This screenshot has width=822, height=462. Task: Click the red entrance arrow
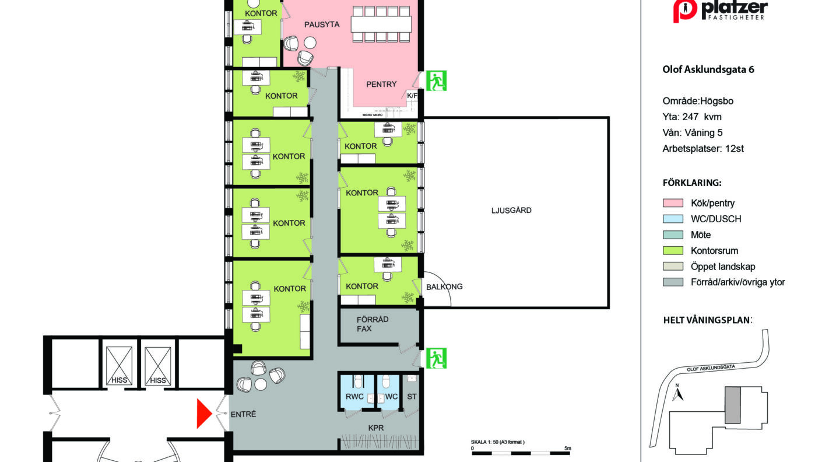click(204, 414)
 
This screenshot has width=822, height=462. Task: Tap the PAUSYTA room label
click(322, 24)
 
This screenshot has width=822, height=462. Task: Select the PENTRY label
click(381, 84)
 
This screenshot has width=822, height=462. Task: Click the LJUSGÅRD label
click(511, 210)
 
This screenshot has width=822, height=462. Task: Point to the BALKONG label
click(444, 286)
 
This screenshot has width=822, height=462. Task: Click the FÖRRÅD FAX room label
click(372, 324)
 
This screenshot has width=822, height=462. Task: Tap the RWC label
click(354, 397)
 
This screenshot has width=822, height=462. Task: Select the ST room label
click(412, 397)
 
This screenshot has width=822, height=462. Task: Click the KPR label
click(376, 428)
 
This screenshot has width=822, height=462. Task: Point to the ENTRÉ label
click(243, 414)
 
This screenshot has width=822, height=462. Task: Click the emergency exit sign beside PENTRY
click(436, 81)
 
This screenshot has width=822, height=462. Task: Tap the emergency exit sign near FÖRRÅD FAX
click(436, 358)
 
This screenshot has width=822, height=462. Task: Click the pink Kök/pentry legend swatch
click(673, 203)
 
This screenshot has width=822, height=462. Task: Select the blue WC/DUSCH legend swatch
click(673, 219)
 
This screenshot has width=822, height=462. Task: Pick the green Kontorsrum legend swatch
click(673, 250)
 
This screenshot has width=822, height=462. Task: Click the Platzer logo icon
click(685, 11)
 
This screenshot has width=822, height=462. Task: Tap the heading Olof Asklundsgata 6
click(708, 69)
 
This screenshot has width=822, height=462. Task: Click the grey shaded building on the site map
click(732, 410)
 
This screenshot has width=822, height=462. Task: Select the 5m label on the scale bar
click(568, 448)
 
